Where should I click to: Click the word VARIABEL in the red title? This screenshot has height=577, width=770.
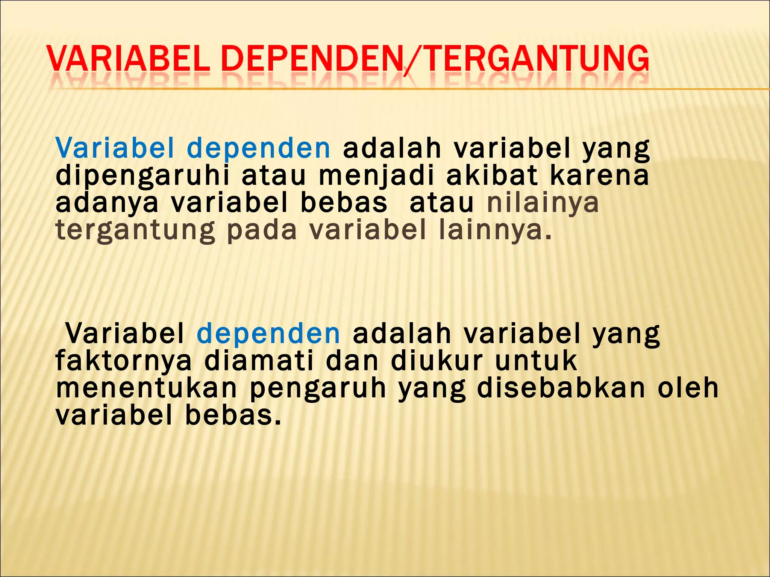128,59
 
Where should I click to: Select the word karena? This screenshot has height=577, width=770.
599,176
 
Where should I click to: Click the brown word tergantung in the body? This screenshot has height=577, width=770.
135,231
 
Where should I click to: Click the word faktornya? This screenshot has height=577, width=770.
124,362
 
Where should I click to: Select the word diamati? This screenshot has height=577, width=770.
259,361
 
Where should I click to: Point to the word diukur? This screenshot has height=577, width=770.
437,361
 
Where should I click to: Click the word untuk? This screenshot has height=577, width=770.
536,361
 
